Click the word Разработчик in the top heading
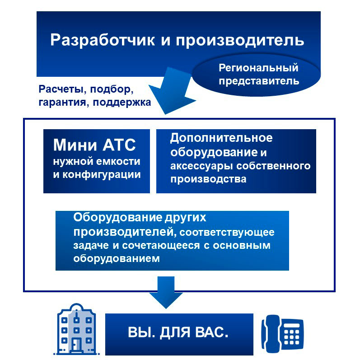coord(103,41)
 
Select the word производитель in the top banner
coord(240,41)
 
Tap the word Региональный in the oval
coord(258,68)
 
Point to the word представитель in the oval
coord(259,81)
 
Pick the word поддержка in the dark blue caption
coord(122,103)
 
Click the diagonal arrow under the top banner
coord(172,91)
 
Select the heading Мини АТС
coord(94,145)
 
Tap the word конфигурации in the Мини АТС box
coord(102,175)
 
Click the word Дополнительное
coord(221,138)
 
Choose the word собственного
coord(273,166)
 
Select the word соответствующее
coord(227,232)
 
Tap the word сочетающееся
coord(161,245)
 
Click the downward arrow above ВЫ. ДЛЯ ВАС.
coord(166,293)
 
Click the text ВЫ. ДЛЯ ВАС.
coord(178,332)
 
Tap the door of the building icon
coord(76,345)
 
